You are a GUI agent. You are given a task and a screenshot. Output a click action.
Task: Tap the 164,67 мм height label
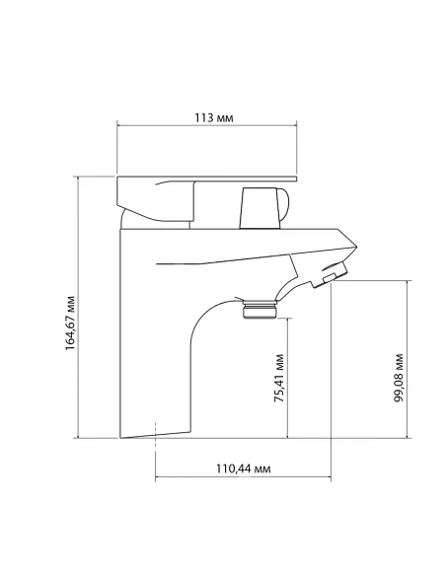[70, 320]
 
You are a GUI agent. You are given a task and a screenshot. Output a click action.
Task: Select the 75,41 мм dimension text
[280, 379]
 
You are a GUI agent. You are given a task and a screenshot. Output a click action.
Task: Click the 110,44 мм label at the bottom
[243, 468]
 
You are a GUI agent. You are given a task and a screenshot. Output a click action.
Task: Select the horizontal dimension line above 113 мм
[207, 125]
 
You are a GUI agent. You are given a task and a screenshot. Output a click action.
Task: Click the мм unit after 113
[225, 116]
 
